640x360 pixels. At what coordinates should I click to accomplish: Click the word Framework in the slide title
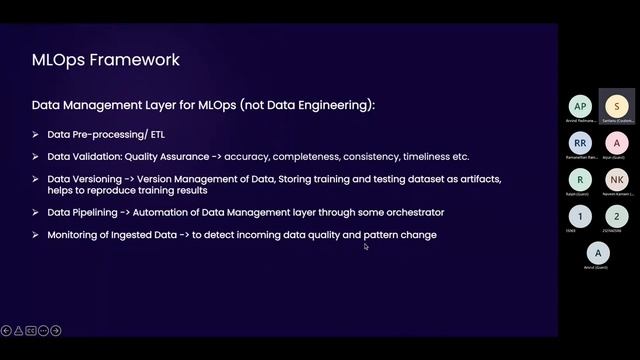136,60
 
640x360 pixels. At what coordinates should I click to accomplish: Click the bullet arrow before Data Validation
36,157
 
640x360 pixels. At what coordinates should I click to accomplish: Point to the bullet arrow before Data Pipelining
36,212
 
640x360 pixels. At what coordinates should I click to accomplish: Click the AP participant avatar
580,106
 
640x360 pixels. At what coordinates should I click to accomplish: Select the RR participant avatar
580,143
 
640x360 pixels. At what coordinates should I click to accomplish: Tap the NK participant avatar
617,180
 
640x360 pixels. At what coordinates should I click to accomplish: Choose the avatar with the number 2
617,216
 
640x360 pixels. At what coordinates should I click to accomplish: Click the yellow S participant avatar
617,106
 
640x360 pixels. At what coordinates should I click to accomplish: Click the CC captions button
31,330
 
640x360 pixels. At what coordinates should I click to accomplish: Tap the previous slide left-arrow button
7,330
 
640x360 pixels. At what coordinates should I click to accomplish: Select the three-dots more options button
43,330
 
